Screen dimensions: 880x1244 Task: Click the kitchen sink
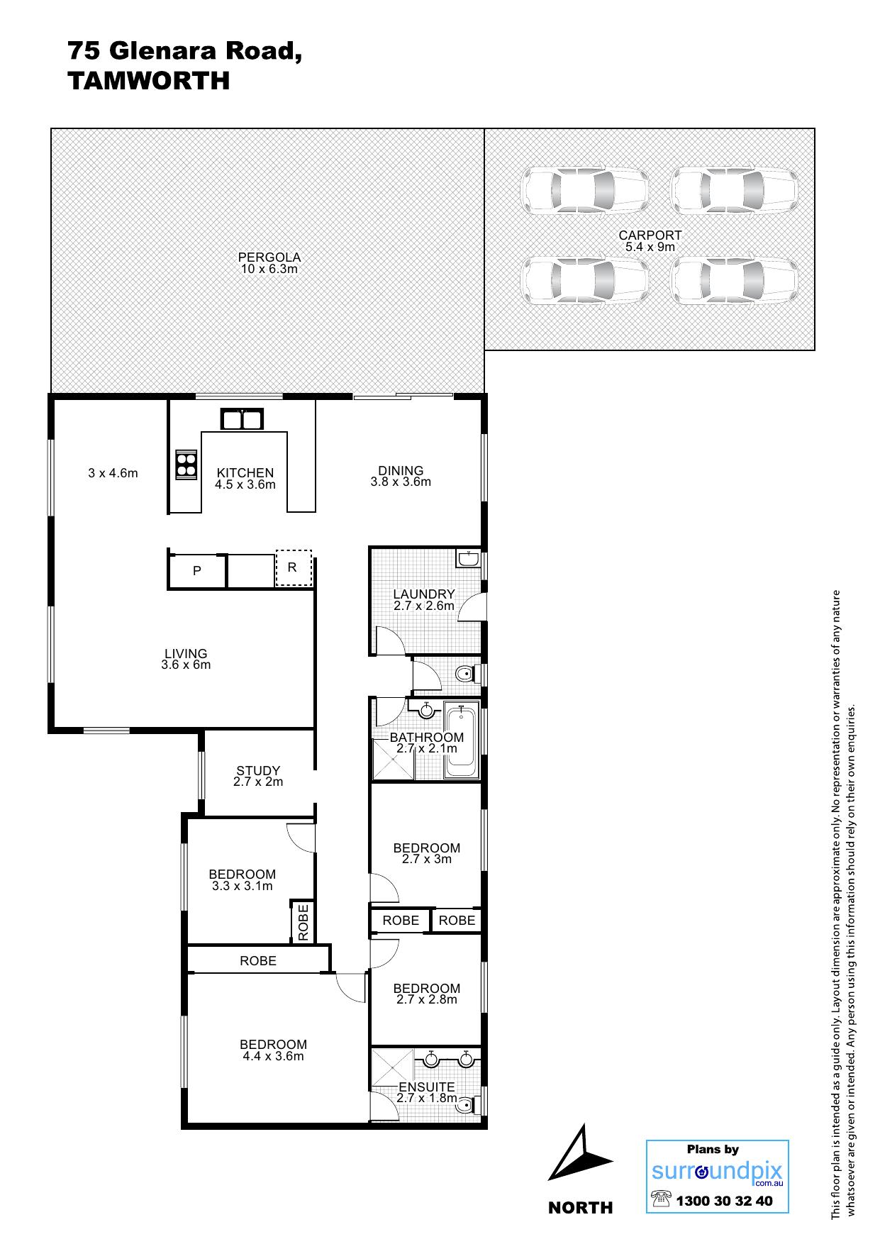point(241,420)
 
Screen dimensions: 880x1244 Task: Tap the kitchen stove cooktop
point(185,465)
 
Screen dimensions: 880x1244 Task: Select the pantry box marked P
point(197,571)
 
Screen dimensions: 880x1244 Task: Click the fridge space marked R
point(293,567)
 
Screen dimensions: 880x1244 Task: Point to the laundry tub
point(468,558)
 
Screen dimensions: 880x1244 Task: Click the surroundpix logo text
point(717,1171)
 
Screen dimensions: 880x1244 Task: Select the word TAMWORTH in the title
point(149,81)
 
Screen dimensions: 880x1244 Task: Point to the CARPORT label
point(650,235)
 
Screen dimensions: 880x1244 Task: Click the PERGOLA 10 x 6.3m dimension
point(269,269)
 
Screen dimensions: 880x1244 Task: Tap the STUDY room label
point(258,770)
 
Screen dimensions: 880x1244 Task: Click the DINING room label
point(401,470)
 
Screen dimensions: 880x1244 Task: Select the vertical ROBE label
point(303,923)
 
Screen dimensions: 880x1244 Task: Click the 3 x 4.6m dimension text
point(113,473)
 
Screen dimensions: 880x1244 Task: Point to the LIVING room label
point(186,653)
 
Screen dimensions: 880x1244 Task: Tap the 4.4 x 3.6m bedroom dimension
point(273,1056)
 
